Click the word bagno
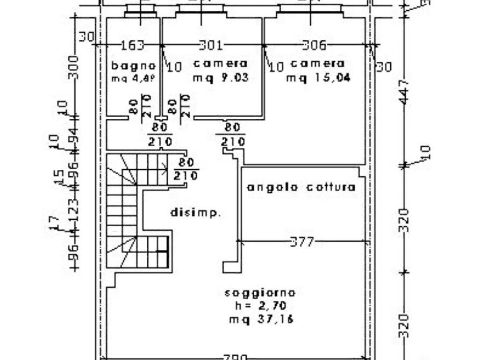coord(133,66)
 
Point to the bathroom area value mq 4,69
coord(133,78)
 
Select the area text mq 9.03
coord(220,77)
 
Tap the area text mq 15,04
coord(318,77)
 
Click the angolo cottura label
coord(301,187)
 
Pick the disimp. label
coord(196,213)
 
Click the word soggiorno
coord(260,293)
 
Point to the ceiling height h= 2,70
coord(260,306)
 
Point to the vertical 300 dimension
coord(73,67)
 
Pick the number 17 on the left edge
coord(54,222)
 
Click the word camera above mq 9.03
coord(220,63)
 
